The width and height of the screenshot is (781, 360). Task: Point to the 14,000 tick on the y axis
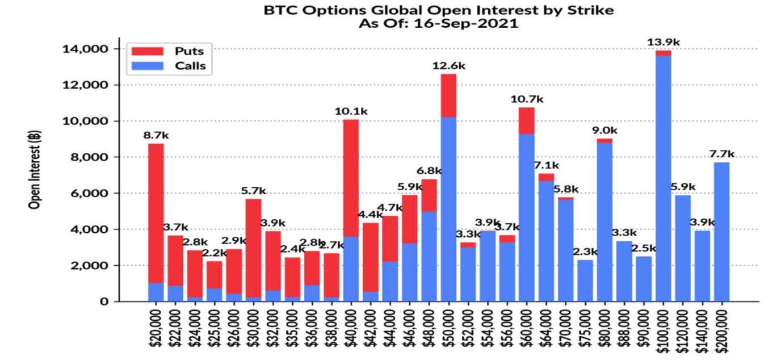click(x=85, y=49)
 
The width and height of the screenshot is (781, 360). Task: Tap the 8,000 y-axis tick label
click(x=89, y=157)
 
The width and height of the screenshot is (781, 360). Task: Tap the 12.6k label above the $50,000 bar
click(x=448, y=66)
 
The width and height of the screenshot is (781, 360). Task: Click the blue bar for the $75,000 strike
click(x=585, y=281)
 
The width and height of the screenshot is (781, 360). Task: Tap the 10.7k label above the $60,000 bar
click(x=527, y=99)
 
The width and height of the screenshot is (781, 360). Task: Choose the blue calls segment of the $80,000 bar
click(x=604, y=221)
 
